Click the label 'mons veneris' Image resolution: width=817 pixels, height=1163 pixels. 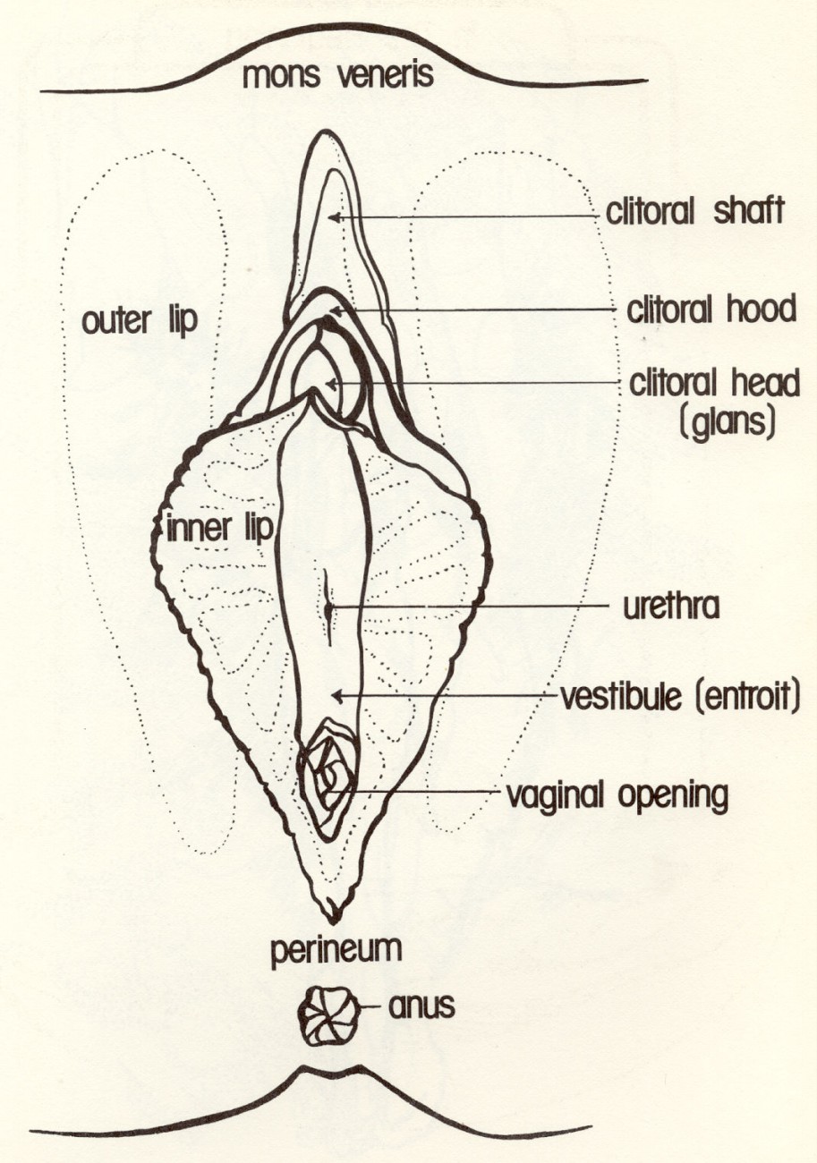coord(338,76)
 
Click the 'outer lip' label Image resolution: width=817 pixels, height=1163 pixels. coord(139,321)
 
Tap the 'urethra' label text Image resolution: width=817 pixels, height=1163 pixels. coord(670,607)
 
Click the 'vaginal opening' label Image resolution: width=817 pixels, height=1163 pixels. coord(617,794)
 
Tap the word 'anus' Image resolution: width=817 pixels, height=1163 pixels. coord(421,1006)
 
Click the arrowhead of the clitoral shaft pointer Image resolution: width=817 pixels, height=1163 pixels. coord(332,216)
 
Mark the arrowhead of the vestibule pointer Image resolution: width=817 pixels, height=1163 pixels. coord(333,695)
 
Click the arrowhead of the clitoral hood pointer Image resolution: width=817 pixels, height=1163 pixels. coord(332,310)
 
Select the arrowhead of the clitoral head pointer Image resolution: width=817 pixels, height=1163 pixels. coord(328,385)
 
